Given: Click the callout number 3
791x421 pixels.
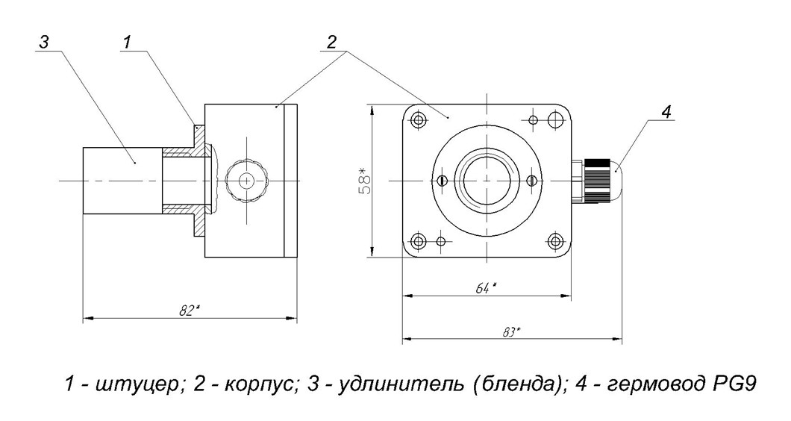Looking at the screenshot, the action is tap(44, 42).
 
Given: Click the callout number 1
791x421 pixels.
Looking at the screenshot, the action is tap(128, 42).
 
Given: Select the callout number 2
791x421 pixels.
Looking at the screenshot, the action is tap(331, 43).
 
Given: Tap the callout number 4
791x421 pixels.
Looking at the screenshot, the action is tap(666, 112).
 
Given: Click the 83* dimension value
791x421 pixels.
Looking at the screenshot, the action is tap(511, 332).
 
